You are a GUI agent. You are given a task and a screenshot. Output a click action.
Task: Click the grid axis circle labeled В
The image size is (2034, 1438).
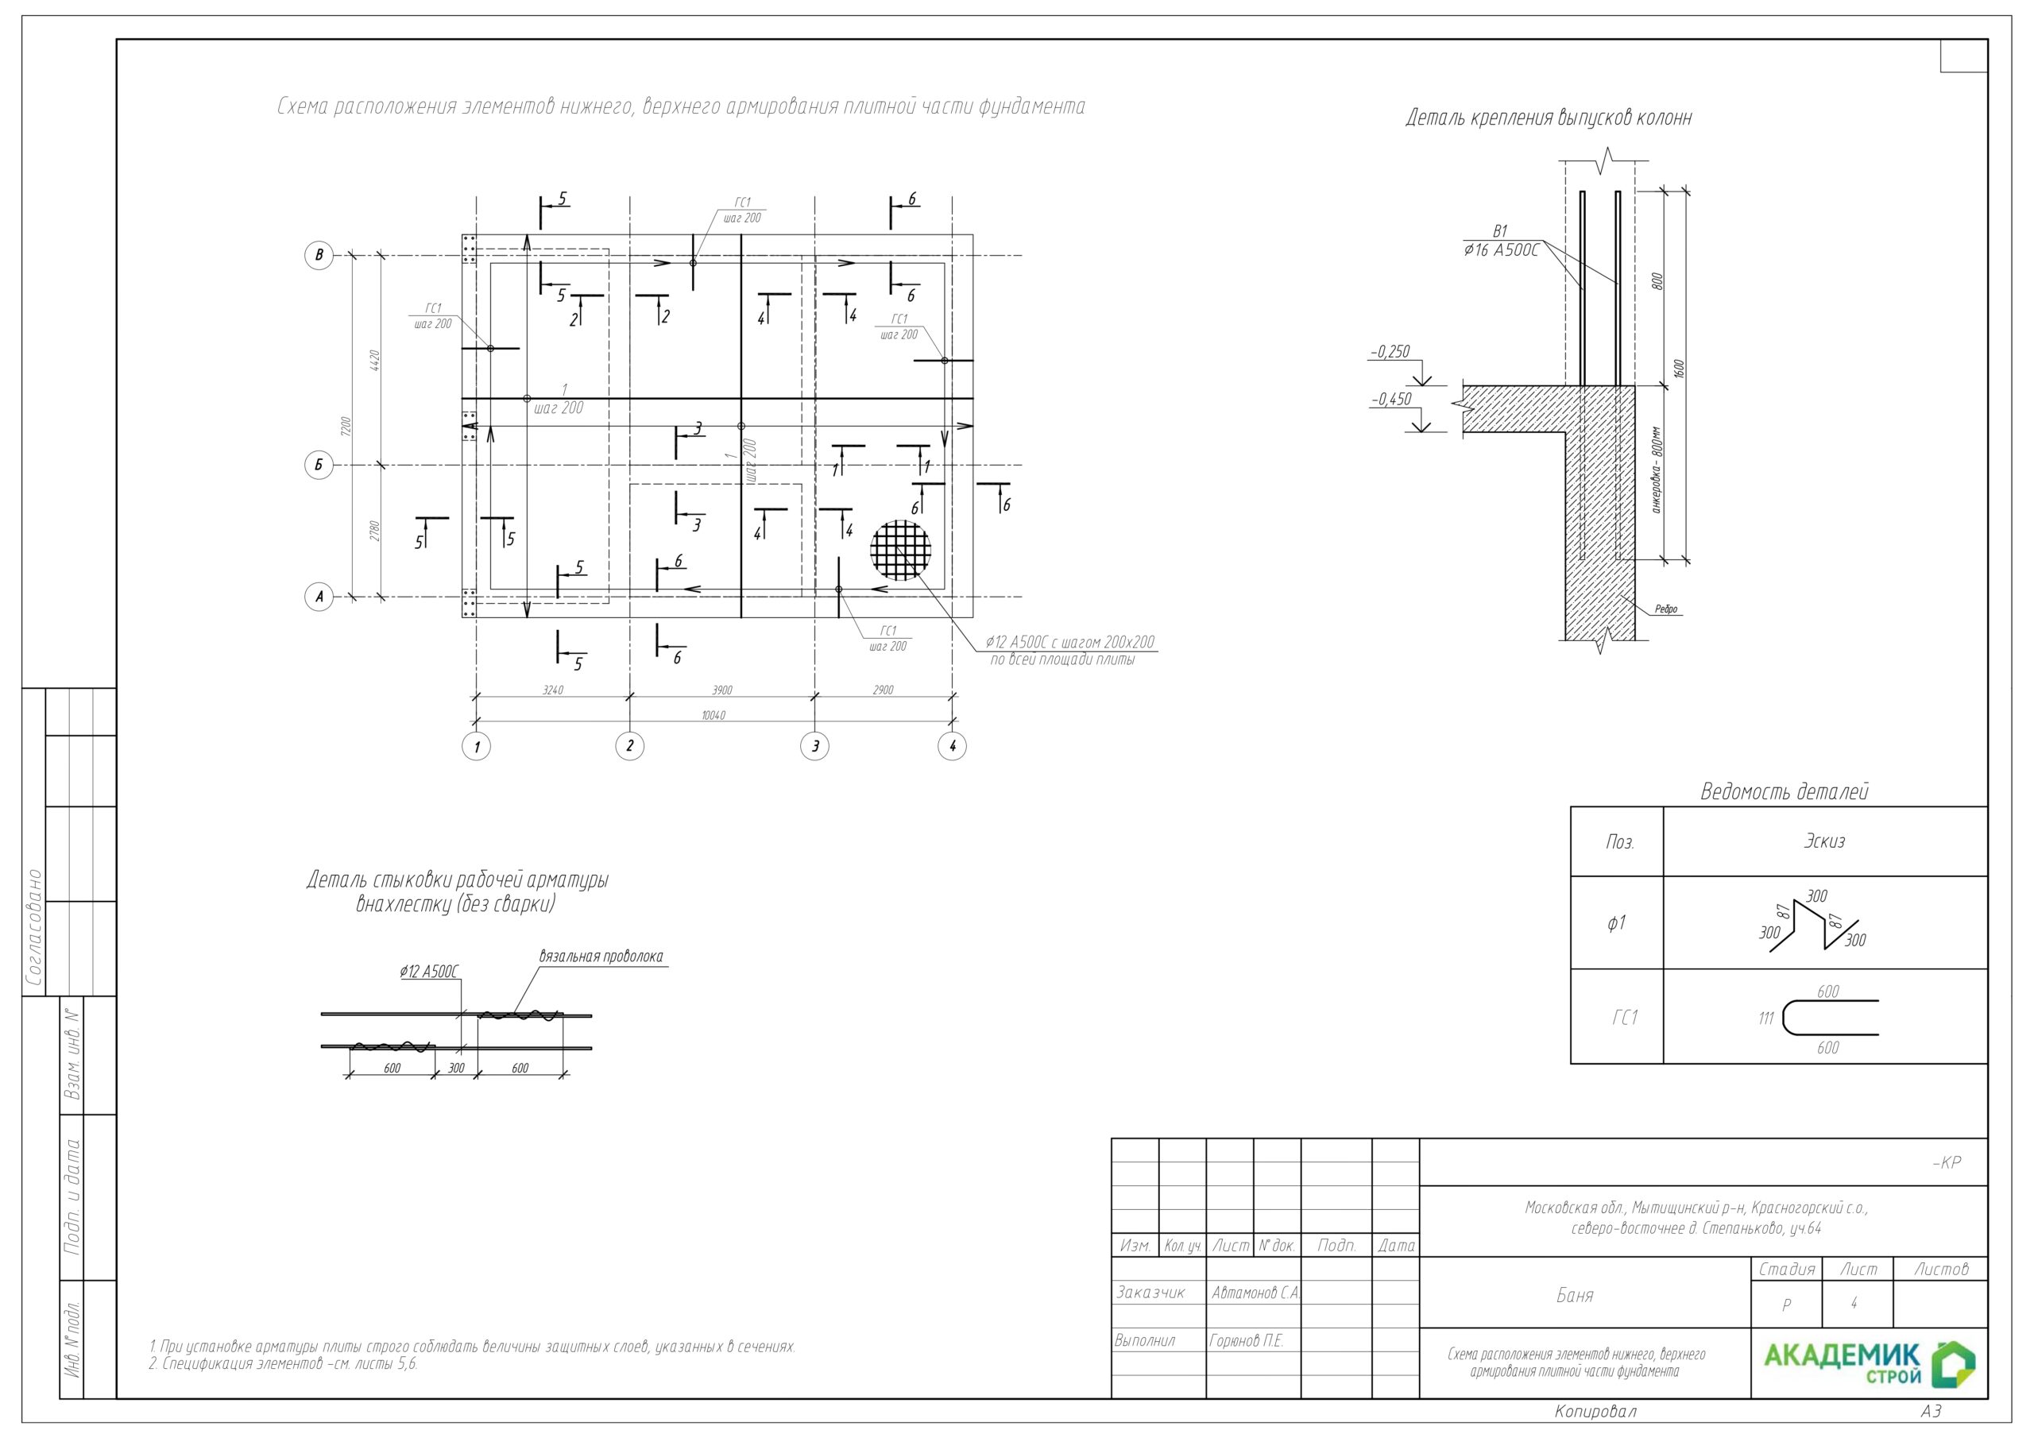click(319, 255)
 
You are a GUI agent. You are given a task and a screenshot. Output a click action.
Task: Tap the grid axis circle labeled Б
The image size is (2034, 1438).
click(319, 465)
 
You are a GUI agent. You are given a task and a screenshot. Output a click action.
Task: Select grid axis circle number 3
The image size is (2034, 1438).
click(815, 746)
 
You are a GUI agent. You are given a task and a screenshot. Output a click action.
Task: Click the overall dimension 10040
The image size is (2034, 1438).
click(713, 715)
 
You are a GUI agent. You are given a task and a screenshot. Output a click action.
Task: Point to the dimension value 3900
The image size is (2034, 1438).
click(722, 690)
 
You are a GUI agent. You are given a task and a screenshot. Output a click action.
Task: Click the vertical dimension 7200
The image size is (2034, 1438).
click(346, 426)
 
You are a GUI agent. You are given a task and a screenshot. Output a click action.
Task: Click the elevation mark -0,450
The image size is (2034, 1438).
click(1392, 400)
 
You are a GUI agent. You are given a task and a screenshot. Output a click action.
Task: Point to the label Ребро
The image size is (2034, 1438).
click(1666, 609)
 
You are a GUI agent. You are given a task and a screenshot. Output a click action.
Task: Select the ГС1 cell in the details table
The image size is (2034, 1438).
click(1625, 1018)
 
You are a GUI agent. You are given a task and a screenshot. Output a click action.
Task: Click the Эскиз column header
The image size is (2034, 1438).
click(1824, 841)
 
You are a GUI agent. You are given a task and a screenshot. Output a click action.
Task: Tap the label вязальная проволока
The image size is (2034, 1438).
click(601, 957)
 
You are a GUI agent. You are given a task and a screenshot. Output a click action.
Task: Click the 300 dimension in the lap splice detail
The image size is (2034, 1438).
click(456, 1069)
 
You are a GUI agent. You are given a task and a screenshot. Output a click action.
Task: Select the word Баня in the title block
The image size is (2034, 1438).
click(1575, 1295)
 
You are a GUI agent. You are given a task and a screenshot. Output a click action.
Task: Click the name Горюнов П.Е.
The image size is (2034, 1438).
click(1247, 1340)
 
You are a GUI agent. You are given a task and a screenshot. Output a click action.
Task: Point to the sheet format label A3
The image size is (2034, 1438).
click(1932, 1410)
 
